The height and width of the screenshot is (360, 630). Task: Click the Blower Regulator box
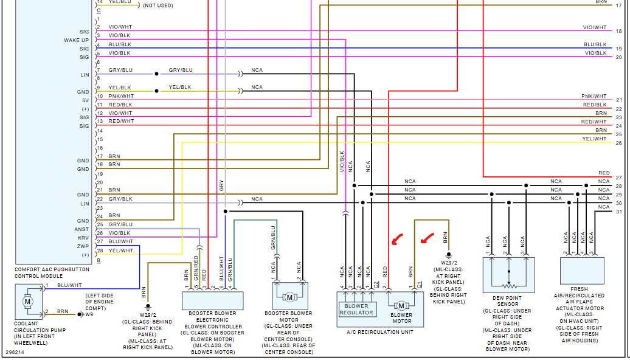(x=358, y=310)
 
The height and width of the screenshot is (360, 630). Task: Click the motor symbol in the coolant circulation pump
(x=28, y=302)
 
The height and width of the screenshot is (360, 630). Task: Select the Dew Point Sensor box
(x=508, y=275)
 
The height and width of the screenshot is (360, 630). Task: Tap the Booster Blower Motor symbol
(x=289, y=297)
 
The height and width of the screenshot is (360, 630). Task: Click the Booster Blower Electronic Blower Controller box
(x=213, y=300)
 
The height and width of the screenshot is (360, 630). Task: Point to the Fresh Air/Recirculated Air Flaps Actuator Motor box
(x=582, y=271)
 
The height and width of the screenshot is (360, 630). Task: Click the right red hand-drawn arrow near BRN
(x=427, y=238)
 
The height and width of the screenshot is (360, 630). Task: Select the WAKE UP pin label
(x=77, y=40)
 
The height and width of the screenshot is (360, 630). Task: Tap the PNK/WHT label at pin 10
(x=121, y=96)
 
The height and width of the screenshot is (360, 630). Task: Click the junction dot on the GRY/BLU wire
(x=156, y=74)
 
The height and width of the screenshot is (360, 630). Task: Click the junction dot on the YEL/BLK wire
(x=156, y=91)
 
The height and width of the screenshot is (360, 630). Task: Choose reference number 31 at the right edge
(x=618, y=212)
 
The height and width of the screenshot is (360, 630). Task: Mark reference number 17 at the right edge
(x=618, y=5)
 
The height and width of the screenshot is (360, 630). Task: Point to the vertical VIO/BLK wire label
(x=342, y=162)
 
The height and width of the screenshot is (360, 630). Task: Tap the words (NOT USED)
(x=158, y=5)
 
